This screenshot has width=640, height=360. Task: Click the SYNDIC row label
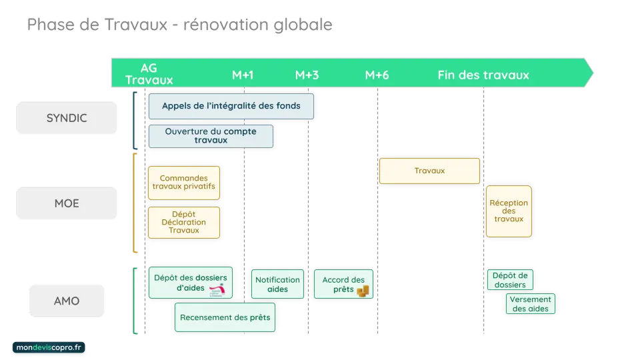tap(66, 119)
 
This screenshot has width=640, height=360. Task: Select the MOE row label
tap(66, 203)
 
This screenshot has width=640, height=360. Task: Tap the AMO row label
tap(66, 301)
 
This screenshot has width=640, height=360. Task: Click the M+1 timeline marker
tap(243, 75)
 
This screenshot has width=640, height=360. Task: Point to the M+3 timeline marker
tap(307, 75)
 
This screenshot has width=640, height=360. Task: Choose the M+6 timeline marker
tap(377, 75)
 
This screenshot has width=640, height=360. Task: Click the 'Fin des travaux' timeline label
tap(483, 75)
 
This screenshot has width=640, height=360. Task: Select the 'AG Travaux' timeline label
tap(149, 74)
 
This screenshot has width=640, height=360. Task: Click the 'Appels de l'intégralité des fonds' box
tap(231, 106)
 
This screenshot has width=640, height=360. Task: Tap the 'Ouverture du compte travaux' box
tap(211, 136)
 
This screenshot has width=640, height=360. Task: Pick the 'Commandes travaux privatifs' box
tap(183, 183)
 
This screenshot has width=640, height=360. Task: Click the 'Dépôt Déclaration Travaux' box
tap(183, 222)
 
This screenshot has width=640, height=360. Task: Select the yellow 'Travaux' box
tap(429, 171)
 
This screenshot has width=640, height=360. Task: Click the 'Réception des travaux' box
tap(509, 211)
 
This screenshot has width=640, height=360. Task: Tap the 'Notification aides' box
tap(277, 285)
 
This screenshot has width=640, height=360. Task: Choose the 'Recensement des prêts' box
tap(225, 317)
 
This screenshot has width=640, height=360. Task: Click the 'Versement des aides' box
tap(530, 304)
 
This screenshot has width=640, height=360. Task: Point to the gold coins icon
tap(363, 291)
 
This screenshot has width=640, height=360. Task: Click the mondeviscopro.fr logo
tap(49, 349)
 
